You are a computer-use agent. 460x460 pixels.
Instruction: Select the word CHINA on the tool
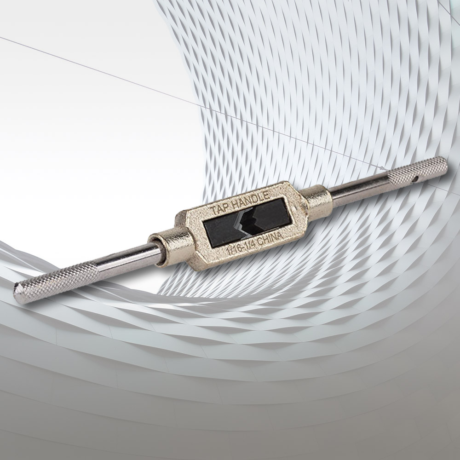point(271,239)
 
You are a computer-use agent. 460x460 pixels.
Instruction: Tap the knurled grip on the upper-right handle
point(417,171)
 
